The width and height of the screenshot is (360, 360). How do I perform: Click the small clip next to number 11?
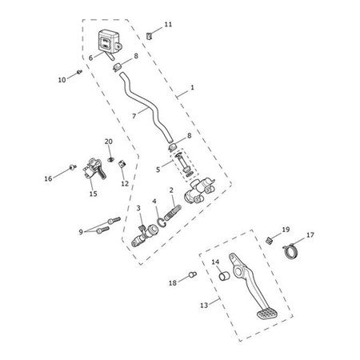(x=150, y=34)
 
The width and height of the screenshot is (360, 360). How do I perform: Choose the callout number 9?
(x=81, y=231)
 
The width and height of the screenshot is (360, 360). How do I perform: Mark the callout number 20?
(x=109, y=142)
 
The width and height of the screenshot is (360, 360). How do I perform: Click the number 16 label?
(x=48, y=178)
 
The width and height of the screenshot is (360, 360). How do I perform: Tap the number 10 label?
(x=61, y=79)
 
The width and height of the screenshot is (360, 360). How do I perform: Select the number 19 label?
(x=286, y=230)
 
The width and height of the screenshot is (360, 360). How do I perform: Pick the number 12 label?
(x=124, y=183)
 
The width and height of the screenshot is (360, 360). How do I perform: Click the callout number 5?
(x=158, y=169)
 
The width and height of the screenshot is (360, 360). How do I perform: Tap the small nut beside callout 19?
(x=270, y=239)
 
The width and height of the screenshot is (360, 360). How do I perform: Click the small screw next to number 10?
(x=79, y=73)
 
